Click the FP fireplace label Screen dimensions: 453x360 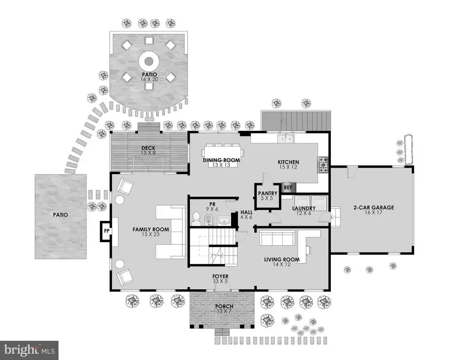pos(107,231)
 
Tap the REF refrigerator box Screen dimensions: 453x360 pos(288,187)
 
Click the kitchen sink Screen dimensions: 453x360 pos(286,139)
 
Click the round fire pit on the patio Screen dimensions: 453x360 pos(149,61)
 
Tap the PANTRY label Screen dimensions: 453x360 pos(268,193)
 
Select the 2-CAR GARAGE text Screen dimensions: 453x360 pos(373,207)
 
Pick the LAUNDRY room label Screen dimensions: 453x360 pos(303,208)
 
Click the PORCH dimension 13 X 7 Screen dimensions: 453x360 pos(224,311)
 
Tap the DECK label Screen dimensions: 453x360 pos(149,148)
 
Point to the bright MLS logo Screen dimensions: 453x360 pos(29,350)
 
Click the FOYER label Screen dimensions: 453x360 pos(220,276)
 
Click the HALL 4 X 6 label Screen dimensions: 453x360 pos(246,215)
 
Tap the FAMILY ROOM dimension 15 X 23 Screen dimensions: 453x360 pos(151,234)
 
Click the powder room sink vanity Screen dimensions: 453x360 pos(224,220)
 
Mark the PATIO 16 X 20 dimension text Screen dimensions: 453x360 pos(150,79)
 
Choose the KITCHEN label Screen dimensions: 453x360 pos(288,162)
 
